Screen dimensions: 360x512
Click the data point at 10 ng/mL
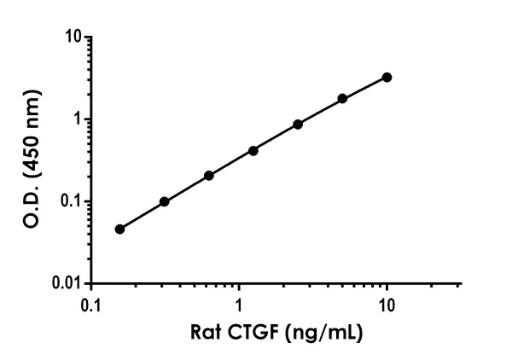coord(387,78)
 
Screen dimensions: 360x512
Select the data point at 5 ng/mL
coord(342,99)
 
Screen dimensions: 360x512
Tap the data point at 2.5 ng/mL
coord(298,125)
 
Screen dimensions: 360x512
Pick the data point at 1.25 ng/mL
coord(253,151)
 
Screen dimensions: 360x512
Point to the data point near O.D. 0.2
coord(209,176)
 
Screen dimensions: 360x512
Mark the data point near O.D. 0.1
coord(164,202)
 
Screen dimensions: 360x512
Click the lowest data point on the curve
coord(119,229)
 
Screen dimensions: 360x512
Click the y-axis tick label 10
coord(74,38)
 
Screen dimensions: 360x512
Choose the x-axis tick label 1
coord(240,305)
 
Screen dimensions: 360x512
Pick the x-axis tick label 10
coord(387,305)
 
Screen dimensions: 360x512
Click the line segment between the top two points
coord(364,89)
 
